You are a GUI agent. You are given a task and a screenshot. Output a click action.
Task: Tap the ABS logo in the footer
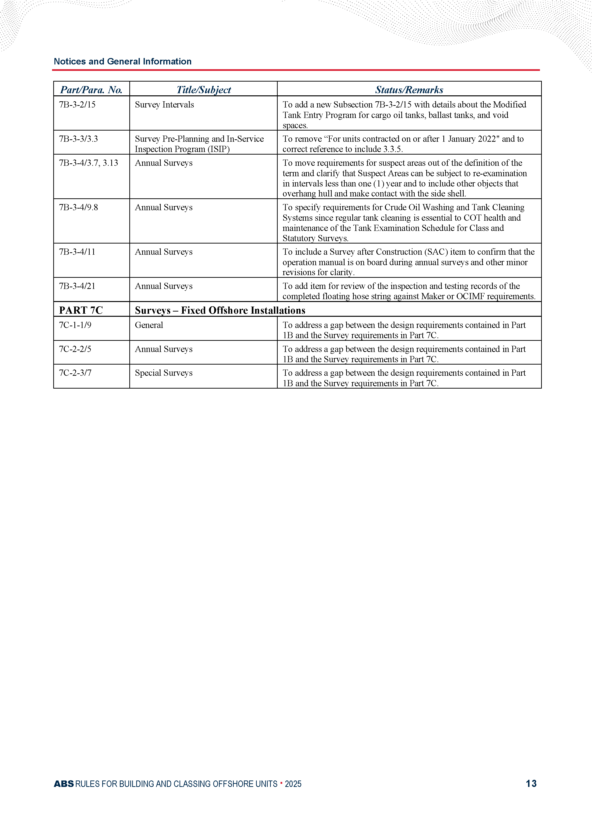point(64,784)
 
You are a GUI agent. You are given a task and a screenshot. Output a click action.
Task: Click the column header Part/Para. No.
point(91,90)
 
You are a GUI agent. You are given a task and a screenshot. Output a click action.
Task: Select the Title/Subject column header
point(204,90)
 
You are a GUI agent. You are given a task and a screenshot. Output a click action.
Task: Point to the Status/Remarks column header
point(409,90)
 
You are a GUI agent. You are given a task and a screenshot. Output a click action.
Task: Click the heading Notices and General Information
point(122,61)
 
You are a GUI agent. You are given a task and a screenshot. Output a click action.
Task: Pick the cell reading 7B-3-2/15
point(77,105)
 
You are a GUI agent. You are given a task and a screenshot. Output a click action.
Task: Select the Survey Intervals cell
point(164,105)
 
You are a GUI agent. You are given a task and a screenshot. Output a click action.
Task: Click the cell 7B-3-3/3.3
point(78,139)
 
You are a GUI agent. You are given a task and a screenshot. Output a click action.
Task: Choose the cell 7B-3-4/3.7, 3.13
point(89,163)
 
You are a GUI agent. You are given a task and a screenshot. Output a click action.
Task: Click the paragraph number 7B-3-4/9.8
point(78,207)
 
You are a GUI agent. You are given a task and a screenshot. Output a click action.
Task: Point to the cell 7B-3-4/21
point(77,286)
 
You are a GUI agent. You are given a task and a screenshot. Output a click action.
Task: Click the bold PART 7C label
point(81,310)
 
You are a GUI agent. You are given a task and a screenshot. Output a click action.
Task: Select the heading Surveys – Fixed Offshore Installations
point(220,310)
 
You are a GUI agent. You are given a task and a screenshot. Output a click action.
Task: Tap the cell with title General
point(149,325)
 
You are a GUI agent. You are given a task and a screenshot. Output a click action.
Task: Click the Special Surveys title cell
point(164,373)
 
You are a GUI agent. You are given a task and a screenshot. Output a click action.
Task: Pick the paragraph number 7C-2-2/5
point(75,349)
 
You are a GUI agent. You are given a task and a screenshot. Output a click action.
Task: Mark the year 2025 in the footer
point(293,784)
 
